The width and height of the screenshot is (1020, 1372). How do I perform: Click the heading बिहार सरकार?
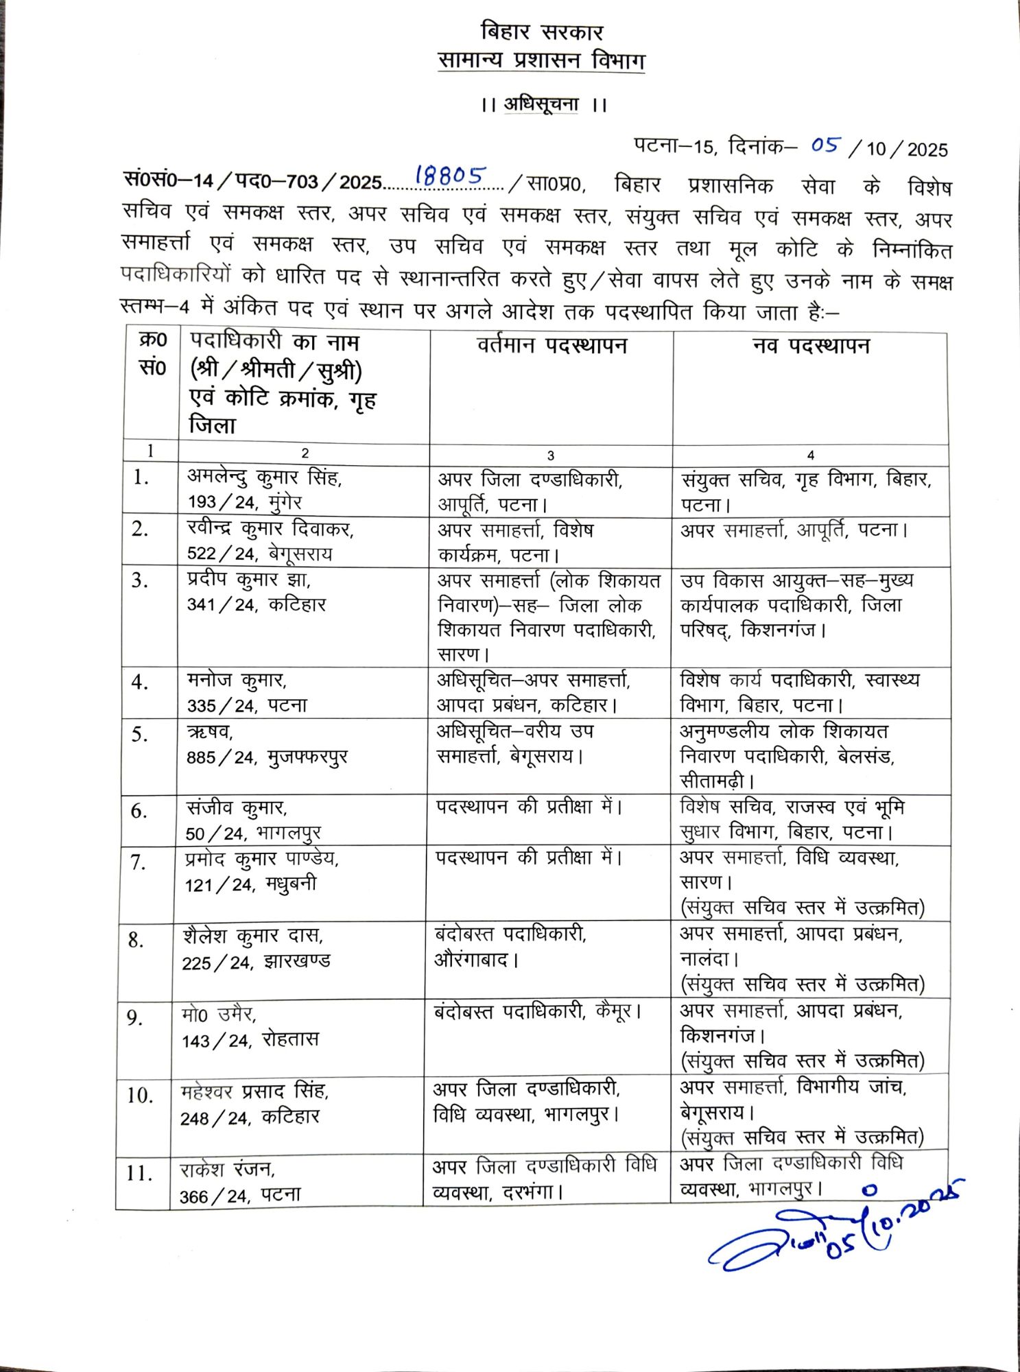tap(541, 32)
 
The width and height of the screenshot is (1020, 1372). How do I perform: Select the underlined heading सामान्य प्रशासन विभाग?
tap(541, 61)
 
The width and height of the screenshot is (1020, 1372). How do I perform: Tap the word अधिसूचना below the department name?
tap(541, 105)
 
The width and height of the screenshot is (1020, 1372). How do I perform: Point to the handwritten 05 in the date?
tap(825, 145)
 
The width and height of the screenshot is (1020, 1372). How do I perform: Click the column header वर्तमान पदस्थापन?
tap(551, 344)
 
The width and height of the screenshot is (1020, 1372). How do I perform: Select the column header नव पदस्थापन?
tap(811, 345)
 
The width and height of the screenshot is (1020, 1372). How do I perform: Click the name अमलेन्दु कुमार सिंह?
tap(265, 477)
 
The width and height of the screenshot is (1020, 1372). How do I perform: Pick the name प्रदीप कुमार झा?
tap(248, 580)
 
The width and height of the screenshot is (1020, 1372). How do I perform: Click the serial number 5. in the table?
tap(139, 735)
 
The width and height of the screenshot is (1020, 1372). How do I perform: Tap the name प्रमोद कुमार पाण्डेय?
tap(261, 859)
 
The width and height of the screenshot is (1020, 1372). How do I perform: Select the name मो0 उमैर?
tap(219, 1014)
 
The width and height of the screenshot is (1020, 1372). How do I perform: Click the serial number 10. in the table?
tap(140, 1096)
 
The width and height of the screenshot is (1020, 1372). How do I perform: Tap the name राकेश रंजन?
tap(228, 1169)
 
